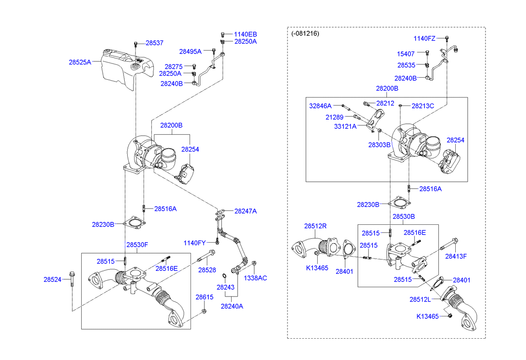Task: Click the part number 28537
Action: pos(154,43)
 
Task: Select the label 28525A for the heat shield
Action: pos(80,62)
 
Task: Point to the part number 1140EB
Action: pos(245,35)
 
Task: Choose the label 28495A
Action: pos(191,51)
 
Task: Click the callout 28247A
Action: pos(245,211)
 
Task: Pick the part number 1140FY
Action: pos(194,243)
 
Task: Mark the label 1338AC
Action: pos(255,278)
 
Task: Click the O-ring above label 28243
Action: pos(225,275)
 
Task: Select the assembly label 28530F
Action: pos(137,245)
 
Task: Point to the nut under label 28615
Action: pos(204,312)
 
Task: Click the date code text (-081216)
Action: pos(305,34)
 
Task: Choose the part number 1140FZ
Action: pos(425,38)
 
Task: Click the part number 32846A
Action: pos(321,105)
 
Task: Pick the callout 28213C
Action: pos(423,106)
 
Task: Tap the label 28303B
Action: pos(379,145)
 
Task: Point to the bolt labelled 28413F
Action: pos(449,245)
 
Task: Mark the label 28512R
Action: pos(315,226)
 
